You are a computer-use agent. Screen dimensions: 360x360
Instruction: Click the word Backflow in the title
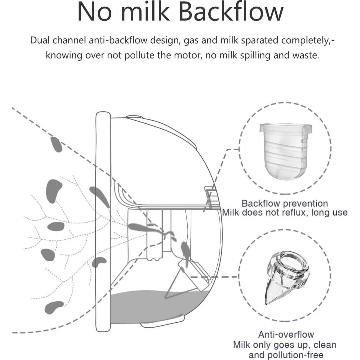[231, 12]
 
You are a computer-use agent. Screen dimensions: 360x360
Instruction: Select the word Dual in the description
[40, 40]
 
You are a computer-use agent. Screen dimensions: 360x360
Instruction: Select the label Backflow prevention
[285, 203]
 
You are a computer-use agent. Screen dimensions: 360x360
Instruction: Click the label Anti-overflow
[286, 334]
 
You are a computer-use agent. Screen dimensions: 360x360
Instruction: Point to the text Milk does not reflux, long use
[285, 212]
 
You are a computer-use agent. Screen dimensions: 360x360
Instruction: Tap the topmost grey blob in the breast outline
[56, 144]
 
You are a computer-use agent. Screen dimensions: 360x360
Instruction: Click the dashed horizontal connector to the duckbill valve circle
[215, 277]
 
